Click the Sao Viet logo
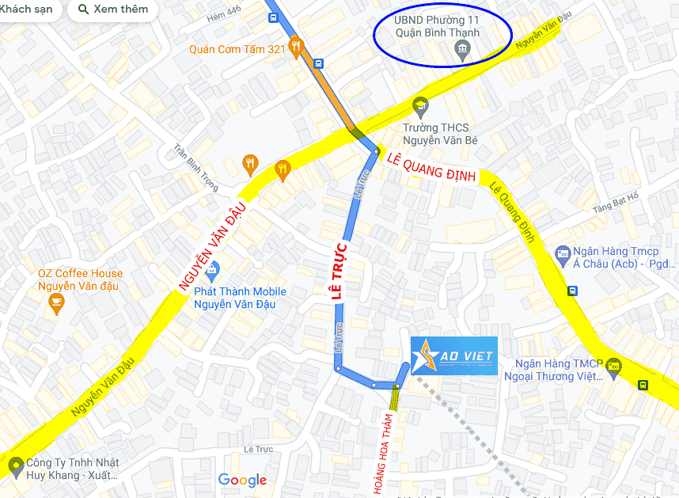(453, 356)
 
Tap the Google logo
(242, 480)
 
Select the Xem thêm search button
(113, 10)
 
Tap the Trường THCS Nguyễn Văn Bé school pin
(421, 105)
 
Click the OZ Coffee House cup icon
(55, 302)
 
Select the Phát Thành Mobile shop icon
(212, 274)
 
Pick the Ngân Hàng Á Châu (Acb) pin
(563, 255)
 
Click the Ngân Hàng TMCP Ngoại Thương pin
(613, 367)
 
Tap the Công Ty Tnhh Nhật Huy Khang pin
(15, 466)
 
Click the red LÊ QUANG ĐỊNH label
(431, 167)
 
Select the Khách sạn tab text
(26, 10)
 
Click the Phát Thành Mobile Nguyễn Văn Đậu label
(241, 298)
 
